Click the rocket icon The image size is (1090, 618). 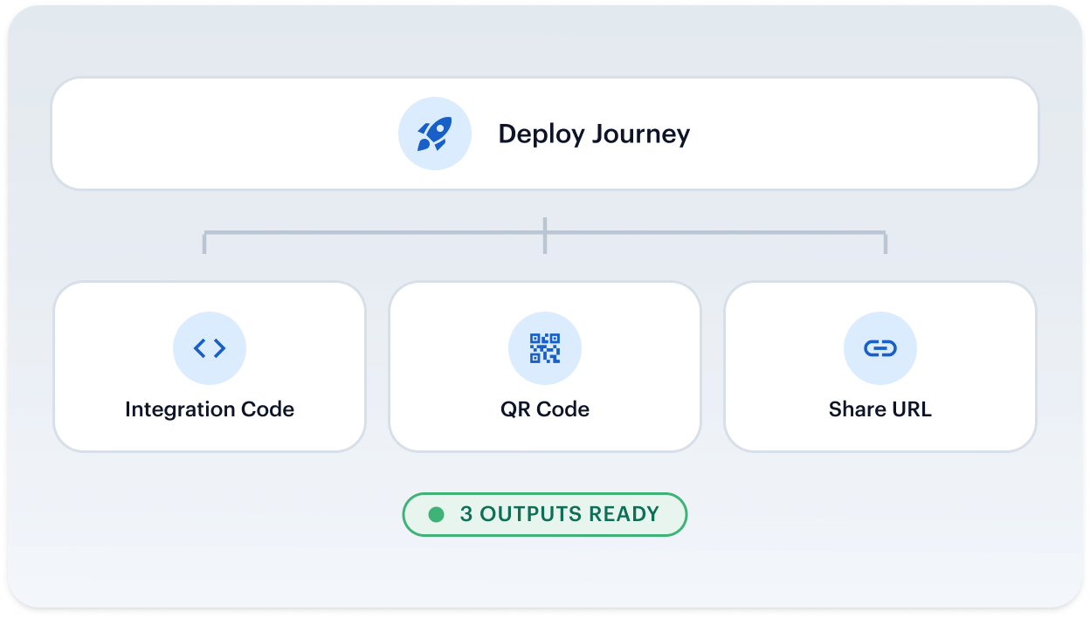click(x=434, y=134)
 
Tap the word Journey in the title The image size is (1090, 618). click(x=641, y=134)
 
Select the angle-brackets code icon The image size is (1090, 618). click(x=210, y=348)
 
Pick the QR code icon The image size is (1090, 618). click(x=544, y=348)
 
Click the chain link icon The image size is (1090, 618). click(x=880, y=348)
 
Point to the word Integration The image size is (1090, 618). click(x=180, y=409)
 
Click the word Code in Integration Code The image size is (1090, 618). click(x=267, y=409)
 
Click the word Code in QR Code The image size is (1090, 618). click(x=563, y=409)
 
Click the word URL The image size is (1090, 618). click(x=910, y=409)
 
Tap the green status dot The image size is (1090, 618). click(x=436, y=514)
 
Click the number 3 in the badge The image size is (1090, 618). click(x=466, y=514)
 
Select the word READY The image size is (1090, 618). click(x=624, y=514)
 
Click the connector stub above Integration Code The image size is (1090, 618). click(x=204, y=242)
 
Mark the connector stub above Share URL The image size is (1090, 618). click(x=886, y=242)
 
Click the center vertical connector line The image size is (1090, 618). click(x=545, y=236)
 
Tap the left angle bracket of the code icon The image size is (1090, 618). click(x=199, y=348)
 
